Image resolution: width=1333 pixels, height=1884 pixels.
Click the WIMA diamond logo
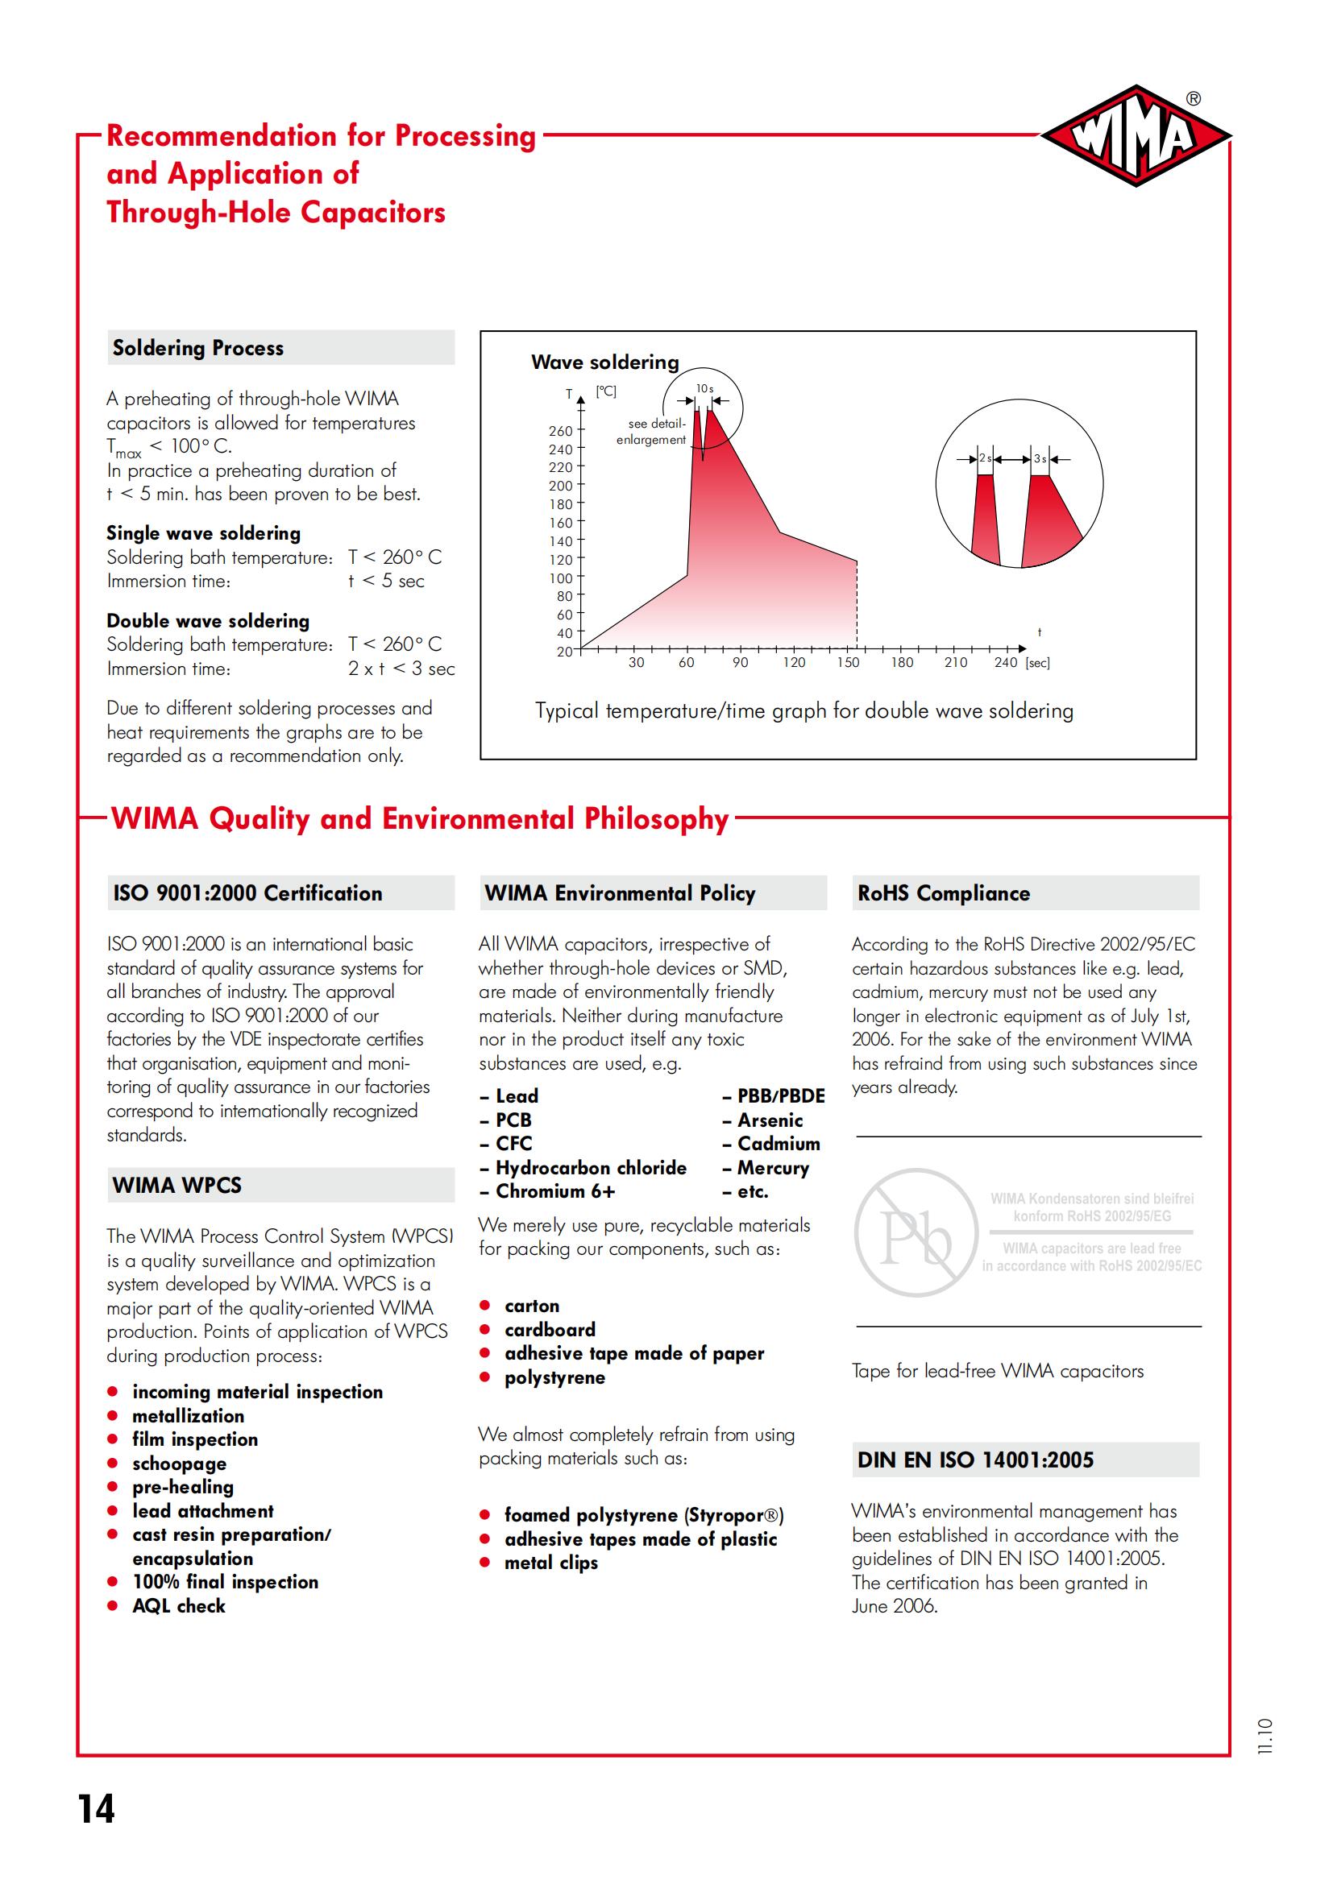(1136, 136)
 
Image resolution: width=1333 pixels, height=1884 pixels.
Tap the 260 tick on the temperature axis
(562, 431)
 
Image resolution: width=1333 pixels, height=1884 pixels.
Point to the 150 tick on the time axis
(848, 662)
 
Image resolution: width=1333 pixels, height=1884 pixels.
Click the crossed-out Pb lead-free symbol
(916, 1232)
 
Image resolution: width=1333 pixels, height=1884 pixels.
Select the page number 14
(97, 1808)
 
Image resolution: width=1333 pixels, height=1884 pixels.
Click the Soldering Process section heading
(197, 348)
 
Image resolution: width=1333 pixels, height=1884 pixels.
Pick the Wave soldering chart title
(605, 362)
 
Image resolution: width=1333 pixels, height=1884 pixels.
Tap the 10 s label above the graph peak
(704, 389)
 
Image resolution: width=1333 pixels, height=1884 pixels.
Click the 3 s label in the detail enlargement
(1040, 458)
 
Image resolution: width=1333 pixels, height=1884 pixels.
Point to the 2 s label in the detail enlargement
(985, 458)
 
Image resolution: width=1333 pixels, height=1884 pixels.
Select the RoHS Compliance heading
(943, 892)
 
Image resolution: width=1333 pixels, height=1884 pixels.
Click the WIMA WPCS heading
(177, 1185)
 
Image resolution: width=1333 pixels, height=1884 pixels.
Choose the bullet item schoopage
(179, 1463)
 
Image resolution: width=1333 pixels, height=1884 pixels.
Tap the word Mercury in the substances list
(772, 1168)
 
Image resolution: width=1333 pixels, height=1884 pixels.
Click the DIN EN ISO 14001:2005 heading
(975, 1460)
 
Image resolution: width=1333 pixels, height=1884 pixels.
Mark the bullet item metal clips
(550, 1563)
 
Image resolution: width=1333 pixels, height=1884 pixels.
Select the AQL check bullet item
(179, 1606)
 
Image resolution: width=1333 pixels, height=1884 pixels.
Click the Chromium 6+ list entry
(554, 1191)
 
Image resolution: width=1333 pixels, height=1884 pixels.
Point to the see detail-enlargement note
(651, 432)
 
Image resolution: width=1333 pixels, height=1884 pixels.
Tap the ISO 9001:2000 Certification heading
(247, 892)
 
